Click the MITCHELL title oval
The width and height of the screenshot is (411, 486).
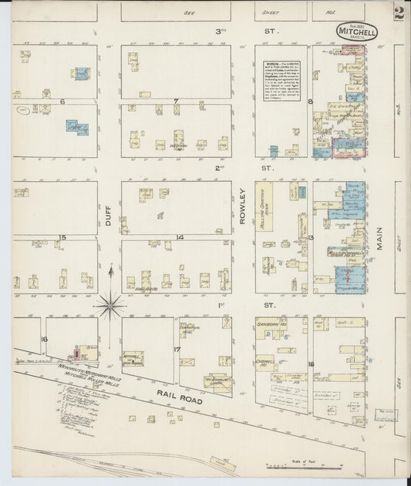point(357,32)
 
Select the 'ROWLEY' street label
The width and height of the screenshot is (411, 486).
point(242,208)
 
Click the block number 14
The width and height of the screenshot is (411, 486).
point(178,237)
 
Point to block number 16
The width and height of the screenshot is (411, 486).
point(45,339)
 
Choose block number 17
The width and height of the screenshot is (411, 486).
point(177,350)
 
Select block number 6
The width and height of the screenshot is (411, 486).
point(52,101)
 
